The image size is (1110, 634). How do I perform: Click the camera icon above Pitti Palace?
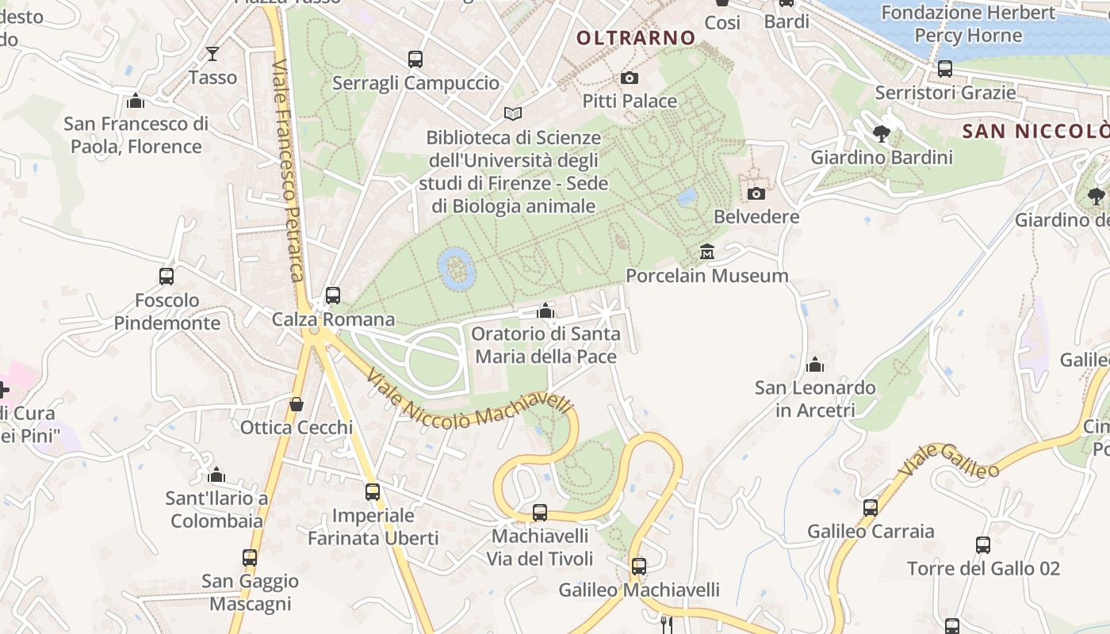point(629,78)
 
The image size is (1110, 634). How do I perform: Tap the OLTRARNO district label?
point(635,37)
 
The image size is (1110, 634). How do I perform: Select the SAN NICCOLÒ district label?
point(1035,131)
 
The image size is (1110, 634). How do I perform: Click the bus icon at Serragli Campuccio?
point(415,59)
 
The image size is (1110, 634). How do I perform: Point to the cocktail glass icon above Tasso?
point(212,54)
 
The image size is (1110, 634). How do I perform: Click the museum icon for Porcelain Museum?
point(706,252)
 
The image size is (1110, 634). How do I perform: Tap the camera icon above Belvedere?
point(756,193)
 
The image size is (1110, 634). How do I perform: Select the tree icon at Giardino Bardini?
point(881,133)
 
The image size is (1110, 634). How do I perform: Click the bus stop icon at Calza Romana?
point(333,296)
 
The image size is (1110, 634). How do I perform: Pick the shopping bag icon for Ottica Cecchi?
point(297,404)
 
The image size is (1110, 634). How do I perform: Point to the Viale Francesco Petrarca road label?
point(287,170)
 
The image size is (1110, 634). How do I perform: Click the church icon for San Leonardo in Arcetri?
point(814,365)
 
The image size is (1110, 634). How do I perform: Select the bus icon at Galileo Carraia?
point(871,507)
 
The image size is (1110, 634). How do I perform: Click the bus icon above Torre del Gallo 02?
point(983,545)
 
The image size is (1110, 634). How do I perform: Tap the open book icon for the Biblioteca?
point(513,114)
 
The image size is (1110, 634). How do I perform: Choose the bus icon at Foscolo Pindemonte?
point(166,277)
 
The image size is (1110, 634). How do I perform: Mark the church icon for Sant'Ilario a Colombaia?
point(216,475)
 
